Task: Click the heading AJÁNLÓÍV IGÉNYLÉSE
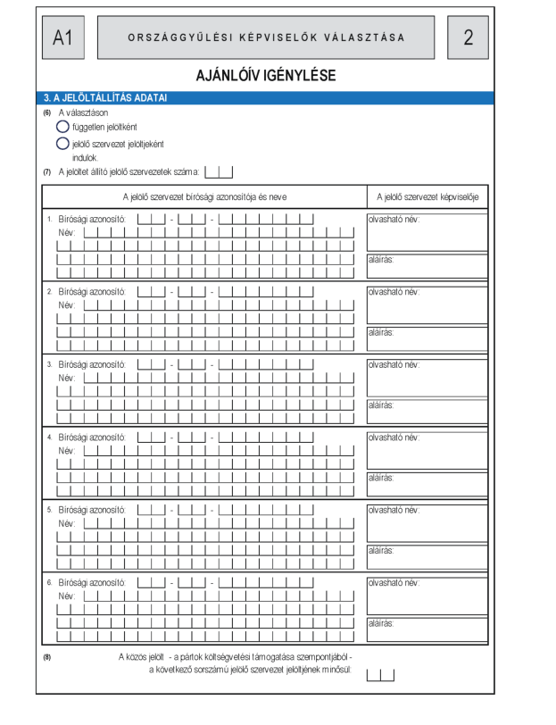[265, 76]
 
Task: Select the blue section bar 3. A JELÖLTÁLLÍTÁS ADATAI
[265, 97]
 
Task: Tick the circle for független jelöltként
[62, 128]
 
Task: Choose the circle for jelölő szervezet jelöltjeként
[62, 143]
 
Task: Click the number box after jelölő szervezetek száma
[219, 171]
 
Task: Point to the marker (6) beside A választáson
[46, 112]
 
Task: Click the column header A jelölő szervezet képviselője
[427, 196]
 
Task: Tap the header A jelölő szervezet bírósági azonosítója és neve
[204, 196]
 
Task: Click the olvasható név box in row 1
[427, 232]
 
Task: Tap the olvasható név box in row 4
[427, 451]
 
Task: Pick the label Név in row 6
[66, 595]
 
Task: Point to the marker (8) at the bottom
[46, 658]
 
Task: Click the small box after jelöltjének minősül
[380, 675]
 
